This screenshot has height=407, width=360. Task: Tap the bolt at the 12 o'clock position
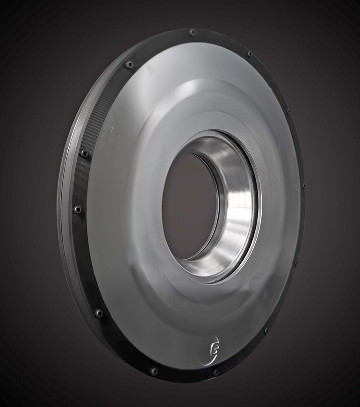point(192,32)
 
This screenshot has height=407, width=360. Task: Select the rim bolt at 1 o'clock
point(250,54)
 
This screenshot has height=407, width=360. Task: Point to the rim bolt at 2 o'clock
point(288,111)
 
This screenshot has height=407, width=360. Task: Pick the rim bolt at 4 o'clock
point(295,263)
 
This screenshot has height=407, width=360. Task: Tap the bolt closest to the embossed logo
point(215,372)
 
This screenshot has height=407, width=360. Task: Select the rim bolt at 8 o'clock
point(99,313)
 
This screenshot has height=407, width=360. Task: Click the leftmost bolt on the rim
point(77,209)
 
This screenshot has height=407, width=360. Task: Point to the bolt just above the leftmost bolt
point(84,153)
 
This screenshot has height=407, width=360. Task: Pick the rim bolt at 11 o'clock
point(130,65)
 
